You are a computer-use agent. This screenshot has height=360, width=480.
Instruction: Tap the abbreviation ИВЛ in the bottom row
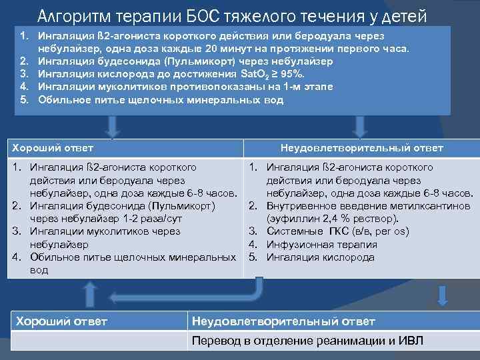pyautogui.click(x=411, y=341)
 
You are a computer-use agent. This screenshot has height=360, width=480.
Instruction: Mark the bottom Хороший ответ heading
pyautogui.click(x=61, y=321)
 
